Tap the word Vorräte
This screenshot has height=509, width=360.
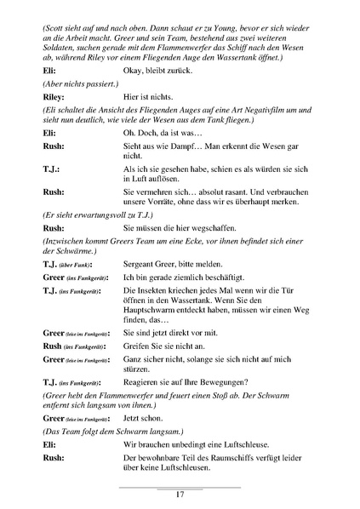coord(161,203)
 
